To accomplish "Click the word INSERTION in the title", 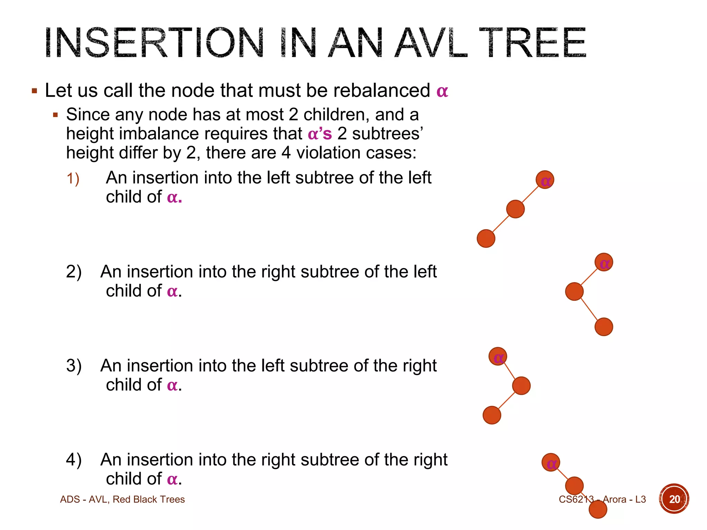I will [154, 43].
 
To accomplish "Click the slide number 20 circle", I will [674, 499].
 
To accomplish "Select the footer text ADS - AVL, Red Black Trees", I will [122, 499].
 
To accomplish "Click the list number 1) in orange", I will [73, 179].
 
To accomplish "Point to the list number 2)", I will [74, 272].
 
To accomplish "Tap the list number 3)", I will [74, 365].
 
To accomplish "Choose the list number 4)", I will [74, 460].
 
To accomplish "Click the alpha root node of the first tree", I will [545, 180].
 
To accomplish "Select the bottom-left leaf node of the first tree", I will [486, 238].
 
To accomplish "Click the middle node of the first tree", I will [515, 209].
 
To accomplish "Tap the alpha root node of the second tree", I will [604, 263].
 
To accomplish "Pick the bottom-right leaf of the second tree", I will [604, 327].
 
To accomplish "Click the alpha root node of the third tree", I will [498, 356].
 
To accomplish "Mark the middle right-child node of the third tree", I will [521, 386].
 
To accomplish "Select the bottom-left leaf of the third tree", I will [492, 415].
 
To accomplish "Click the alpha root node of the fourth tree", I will [551, 463].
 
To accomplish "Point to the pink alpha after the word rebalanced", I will [442, 91].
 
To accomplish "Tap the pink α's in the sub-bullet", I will [320, 134].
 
